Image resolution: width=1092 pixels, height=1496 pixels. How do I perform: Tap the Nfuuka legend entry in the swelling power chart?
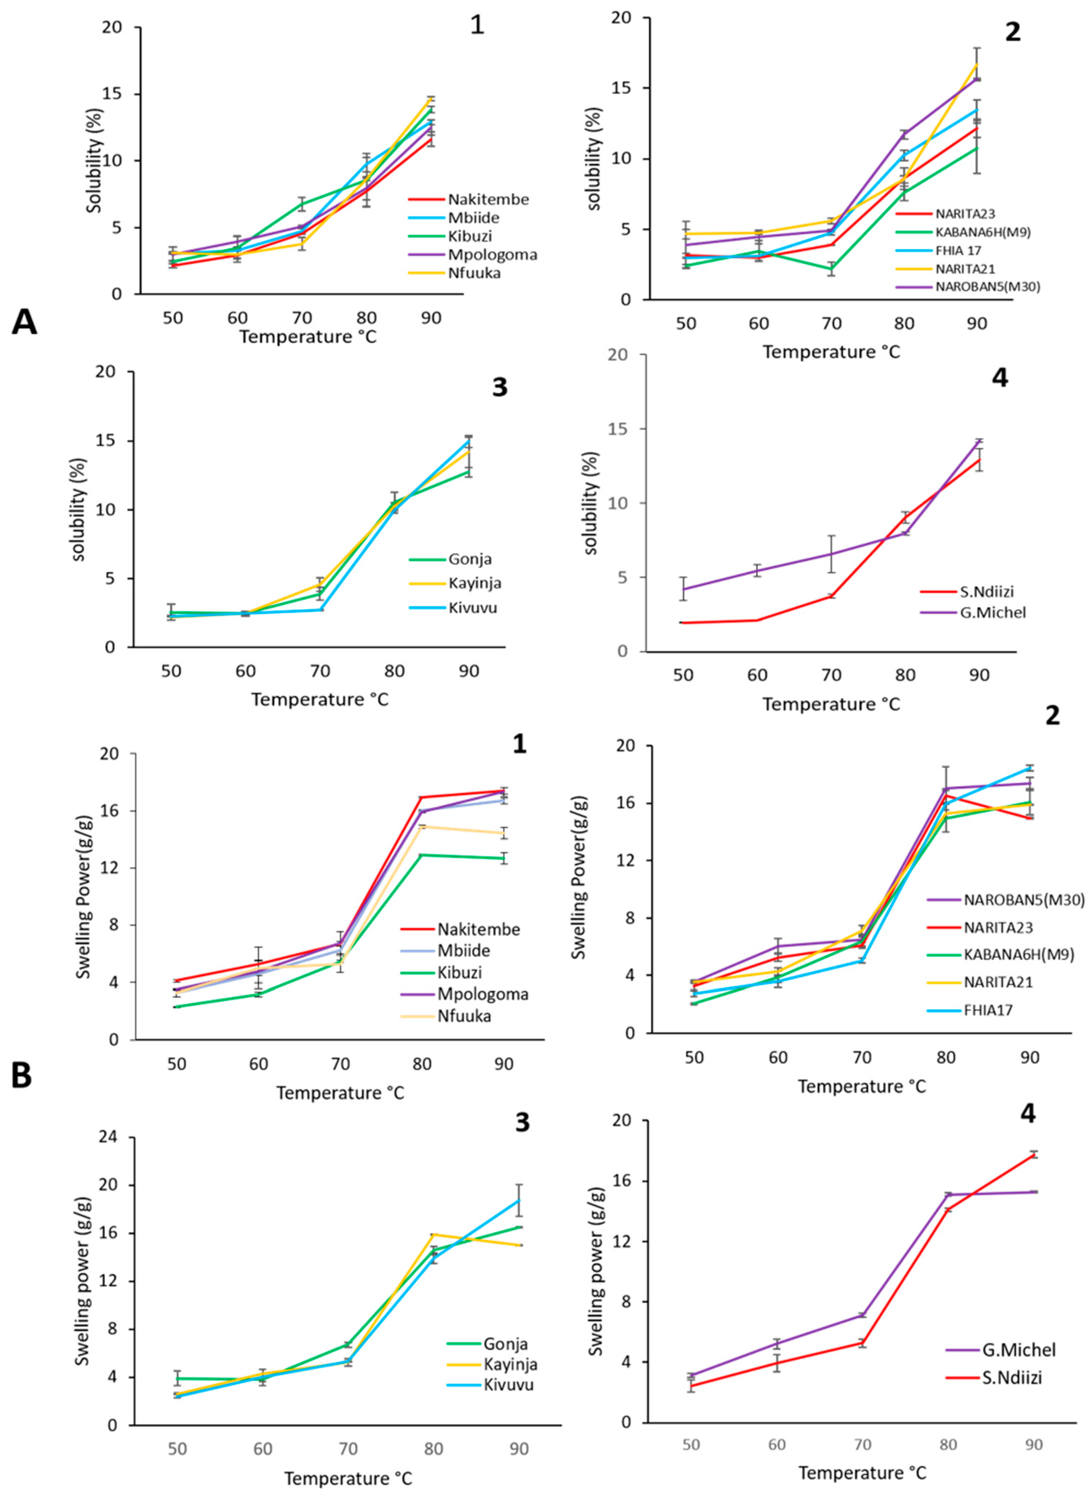[x=464, y=1016]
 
